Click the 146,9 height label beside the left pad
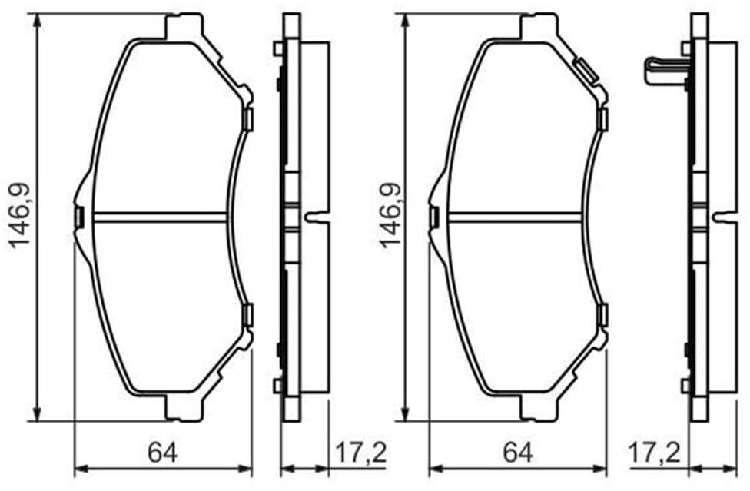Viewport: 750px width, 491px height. point(19,216)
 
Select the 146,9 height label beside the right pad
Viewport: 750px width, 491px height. point(390,216)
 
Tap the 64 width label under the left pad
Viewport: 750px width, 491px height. point(163,453)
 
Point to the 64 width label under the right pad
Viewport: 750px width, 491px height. point(518,453)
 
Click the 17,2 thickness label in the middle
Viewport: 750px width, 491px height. point(360,453)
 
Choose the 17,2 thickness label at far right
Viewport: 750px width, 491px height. point(654,453)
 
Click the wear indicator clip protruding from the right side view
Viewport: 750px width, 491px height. point(665,71)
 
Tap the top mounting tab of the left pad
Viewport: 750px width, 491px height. point(184,26)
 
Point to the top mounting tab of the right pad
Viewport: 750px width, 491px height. point(539,26)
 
